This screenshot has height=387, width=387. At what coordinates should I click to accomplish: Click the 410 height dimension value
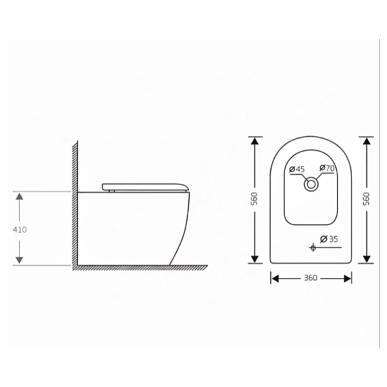pyautogui.click(x=19, y=228)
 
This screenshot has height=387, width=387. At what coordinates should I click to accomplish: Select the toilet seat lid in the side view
pyautogui.click(x=144, y=186)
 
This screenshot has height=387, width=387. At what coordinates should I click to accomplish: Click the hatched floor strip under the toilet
pyautogui.click(x=139, y=267)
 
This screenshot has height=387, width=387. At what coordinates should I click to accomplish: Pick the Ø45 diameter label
pyautogui.click(x=297, y=170)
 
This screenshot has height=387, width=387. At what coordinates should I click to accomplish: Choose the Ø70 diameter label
pyautogui.click(x=328, y=169)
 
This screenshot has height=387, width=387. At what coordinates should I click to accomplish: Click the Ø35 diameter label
pyautogui.click(x=330, y=239)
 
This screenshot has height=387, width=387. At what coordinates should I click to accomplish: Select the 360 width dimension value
pyautogui.click(x=311, y=279)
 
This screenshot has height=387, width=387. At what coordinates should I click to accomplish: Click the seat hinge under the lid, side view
pyautogui.click(x=111, y=190)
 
